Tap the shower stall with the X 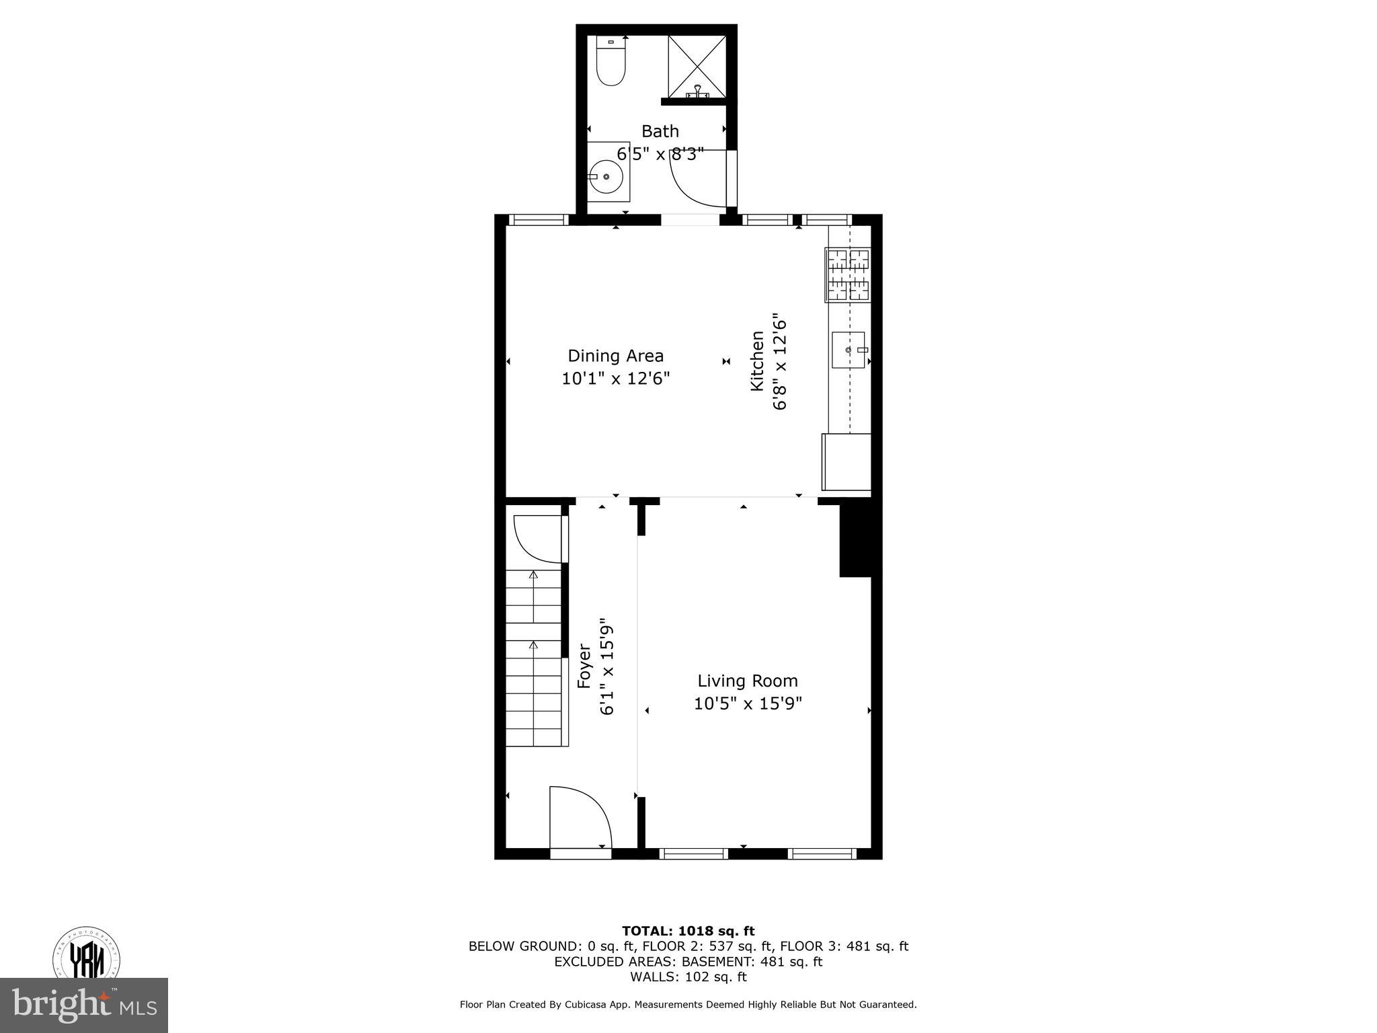(697, 67)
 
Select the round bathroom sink (607, 177)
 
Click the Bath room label (660, 131)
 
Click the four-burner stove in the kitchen (847, 274)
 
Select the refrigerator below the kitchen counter (847, 462)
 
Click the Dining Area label (615, 356)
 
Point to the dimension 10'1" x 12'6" (615, 379)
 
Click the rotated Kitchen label (758, 360)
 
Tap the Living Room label (747, 681)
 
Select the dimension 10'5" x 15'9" (748, 703)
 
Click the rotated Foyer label (584, 666)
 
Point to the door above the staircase (539, 538)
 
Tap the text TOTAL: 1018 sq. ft (688, 931)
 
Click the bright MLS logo (84, 1005)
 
